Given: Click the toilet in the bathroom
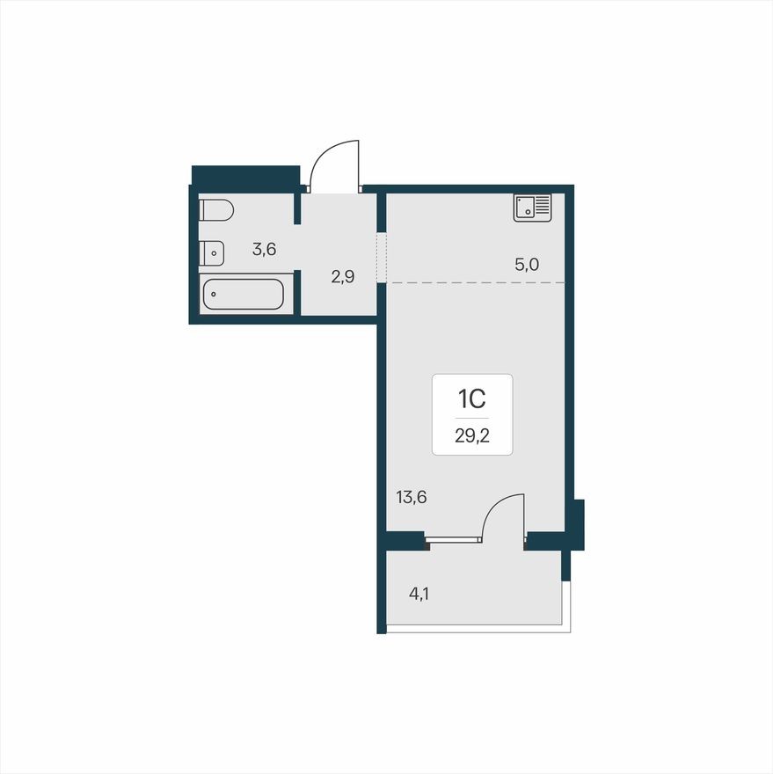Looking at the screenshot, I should pos(215,210).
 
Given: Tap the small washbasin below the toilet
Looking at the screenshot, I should pos(212,253).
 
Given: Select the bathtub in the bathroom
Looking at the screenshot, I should pos(243,295).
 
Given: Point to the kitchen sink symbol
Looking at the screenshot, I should pos(533,208).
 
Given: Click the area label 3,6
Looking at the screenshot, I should pos(264,249).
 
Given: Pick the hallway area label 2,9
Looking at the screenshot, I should pos(343,277).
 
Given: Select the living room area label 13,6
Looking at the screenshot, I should pos(412,497).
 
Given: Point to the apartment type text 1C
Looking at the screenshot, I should pos(471,399).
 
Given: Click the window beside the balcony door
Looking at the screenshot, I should pos(453,537).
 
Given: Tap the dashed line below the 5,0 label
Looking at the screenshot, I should pos(475,282).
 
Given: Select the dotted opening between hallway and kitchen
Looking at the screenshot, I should pos(382,257).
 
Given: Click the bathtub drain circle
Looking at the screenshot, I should pos(214,295).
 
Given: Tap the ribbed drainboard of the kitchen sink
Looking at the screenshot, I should pos(542,207).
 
